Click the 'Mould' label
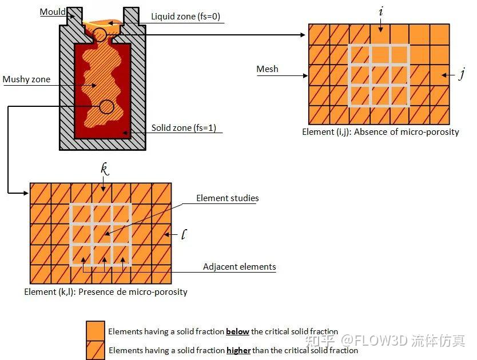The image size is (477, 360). [53, 12]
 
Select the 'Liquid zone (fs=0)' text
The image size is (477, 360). [185, 16]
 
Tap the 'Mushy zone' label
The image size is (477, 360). [26, 79]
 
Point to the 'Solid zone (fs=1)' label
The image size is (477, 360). [184, 127]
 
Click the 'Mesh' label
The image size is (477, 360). [268, 69]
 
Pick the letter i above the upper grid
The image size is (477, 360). [381, 11]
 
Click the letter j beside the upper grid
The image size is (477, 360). [462, 74]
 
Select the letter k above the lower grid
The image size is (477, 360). [105, 169]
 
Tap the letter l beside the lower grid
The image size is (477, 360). [184, 234]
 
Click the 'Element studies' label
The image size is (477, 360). [228, 198]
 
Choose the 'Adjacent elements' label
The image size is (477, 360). [240, 267]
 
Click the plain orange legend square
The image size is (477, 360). [95, 330]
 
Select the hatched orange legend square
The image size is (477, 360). [95, 350]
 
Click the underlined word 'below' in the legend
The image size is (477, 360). [237, 331]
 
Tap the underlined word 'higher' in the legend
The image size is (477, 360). [238, 351]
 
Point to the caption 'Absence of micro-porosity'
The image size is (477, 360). [407, 132]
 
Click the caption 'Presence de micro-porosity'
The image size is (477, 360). [133, 292]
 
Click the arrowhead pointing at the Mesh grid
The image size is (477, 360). [306, 75]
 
